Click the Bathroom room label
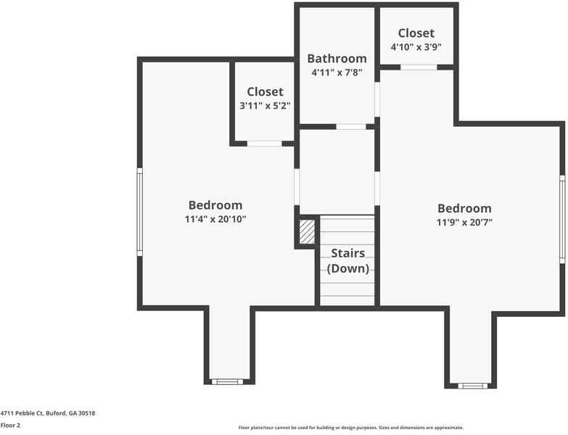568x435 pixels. click(x=337, y=59)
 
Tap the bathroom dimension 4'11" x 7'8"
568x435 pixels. click(x=337, y=72)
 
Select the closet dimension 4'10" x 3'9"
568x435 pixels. click(x=416, y=46)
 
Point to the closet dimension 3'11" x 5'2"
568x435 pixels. click(x=265, y=106)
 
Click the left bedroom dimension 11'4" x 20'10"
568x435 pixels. click(x=215, y=219)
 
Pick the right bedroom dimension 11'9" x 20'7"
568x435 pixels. click(x=464, y=223)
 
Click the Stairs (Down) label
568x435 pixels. click(x=347, y=261)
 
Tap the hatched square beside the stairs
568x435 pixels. click(x=307, y=232)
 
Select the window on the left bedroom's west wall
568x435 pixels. click(x=139, y=212)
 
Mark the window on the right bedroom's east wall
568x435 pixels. click(x=562, y=218)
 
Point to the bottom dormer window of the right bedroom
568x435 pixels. click(x=473, y=385)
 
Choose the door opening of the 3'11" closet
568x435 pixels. click(x=264, y=144)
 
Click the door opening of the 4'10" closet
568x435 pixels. click(x=419, y=67)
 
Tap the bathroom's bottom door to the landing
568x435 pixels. click(x=351, y=127)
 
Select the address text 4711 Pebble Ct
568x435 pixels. click(x=48, y=413)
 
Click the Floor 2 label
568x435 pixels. click(x=10, y=426)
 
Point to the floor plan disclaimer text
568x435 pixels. click(x=350, y=428)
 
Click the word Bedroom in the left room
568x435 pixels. click(x=215, y=205)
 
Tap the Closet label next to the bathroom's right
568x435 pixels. click(x=416, y=33)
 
